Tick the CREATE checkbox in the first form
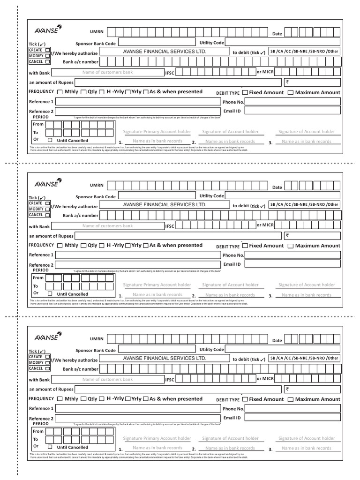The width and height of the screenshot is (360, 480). tap(48, 50)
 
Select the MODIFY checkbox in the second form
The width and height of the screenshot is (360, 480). tap(48, 209)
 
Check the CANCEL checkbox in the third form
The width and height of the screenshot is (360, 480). tap(48, 368)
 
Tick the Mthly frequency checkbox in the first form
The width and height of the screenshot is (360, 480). tap(60, 92)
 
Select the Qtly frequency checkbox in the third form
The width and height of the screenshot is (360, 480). tap(83, 399)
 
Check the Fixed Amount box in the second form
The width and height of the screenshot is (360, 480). tap(245, 246)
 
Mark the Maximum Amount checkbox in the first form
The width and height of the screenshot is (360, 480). tap(290, 93)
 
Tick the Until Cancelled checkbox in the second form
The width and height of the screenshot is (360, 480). tap(50, 294)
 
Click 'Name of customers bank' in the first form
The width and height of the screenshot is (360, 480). tap(107, 73)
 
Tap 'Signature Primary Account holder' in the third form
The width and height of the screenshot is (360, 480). tap(157, 438)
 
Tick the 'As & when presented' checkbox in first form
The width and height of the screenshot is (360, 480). tap(146, 92)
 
